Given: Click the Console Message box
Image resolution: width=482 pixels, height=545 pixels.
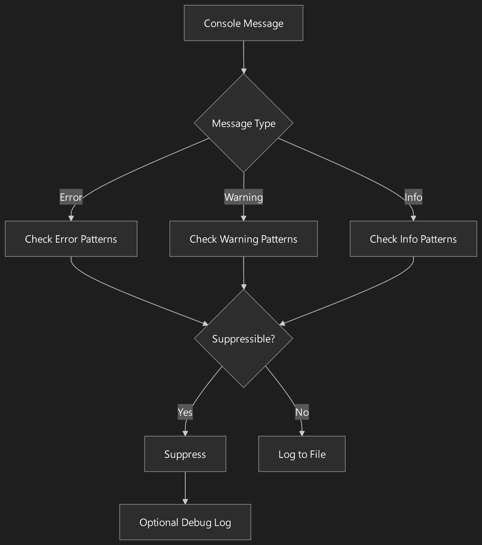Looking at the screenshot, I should point(243,23).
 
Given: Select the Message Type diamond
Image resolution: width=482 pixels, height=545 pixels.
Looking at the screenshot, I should point(243,123).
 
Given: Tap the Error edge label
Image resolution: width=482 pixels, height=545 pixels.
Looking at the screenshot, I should point(71,197).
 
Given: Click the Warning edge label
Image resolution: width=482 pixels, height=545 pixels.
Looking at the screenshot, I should point(243,197).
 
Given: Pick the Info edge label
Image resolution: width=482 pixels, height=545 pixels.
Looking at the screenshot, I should point(413,197).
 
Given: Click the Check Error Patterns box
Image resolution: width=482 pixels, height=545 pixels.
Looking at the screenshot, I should point(71,239).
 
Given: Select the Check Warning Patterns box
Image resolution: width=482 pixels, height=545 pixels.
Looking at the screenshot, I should point(243,239).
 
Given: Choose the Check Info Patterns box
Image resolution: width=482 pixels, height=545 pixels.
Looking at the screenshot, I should point(413,239).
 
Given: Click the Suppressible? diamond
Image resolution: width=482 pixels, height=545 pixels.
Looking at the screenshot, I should point(243,339).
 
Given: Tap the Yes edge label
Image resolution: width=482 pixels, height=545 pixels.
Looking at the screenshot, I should point(185,412).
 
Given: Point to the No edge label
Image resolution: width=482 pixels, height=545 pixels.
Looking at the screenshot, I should point(302,412).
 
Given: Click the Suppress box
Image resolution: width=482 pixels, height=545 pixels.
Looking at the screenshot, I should point(185,454).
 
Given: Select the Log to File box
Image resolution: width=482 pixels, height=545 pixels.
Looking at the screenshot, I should point(302,454).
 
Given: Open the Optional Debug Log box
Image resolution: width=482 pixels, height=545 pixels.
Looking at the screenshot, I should point(185,522).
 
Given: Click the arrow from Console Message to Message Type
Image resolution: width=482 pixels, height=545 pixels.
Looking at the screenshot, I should point(243,57).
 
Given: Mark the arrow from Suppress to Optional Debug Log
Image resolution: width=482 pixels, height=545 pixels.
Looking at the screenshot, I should point(185,487).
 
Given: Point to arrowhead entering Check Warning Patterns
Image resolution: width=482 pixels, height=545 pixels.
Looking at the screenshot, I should point(243,218).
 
